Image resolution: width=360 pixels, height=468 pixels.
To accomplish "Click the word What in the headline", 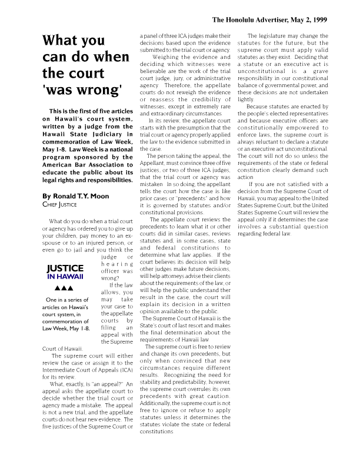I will click(x=61, y=41).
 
